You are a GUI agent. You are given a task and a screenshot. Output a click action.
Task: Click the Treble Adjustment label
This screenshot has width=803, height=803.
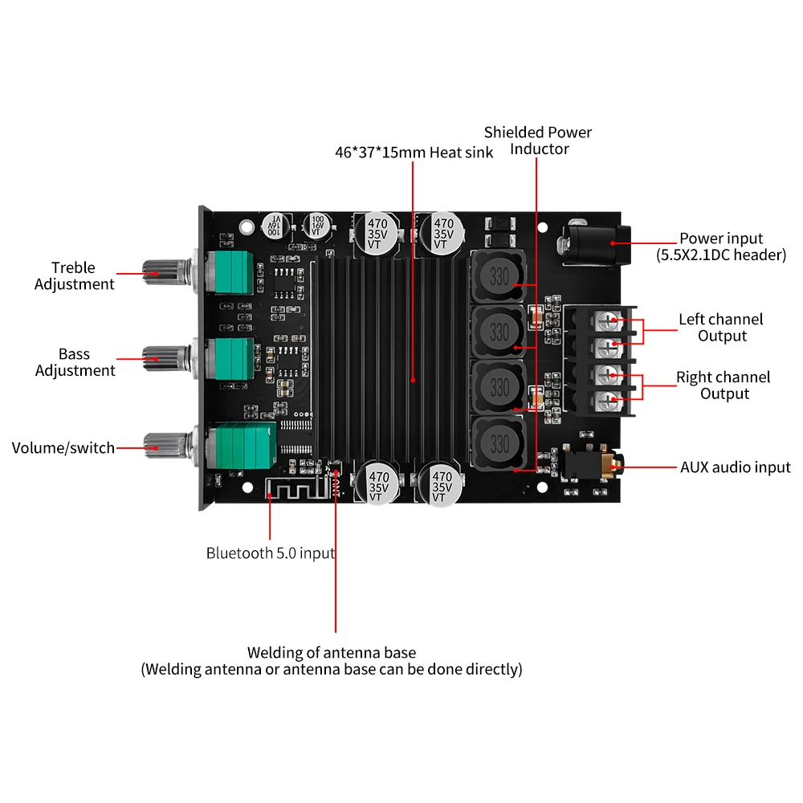click(75, 275)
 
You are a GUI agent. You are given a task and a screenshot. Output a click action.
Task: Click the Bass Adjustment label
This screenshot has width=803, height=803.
click(75, 362)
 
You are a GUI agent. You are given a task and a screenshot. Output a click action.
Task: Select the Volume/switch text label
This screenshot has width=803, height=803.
click(63, 447)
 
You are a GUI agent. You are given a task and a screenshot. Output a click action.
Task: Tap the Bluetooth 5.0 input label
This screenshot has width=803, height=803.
click(271, 552)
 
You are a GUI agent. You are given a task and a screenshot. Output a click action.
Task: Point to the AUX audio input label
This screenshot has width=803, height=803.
click(735, 467)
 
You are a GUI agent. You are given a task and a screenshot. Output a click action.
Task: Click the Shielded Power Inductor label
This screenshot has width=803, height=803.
click(537, 141)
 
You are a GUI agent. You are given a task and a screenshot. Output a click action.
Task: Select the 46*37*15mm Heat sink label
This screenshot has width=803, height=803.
click(414, 152)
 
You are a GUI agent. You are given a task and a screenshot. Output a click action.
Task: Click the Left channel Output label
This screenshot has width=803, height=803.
click(720, 328)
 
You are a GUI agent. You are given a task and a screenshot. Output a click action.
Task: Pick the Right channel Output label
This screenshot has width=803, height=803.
click(724, 385)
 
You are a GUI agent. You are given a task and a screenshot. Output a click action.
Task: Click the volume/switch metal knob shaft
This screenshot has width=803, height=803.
click(165, 442)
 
